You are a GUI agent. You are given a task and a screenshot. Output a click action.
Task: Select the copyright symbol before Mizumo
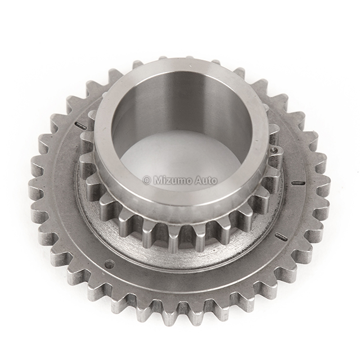coord(147,181)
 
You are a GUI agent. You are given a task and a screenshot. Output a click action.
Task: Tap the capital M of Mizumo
coord(157,181)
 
